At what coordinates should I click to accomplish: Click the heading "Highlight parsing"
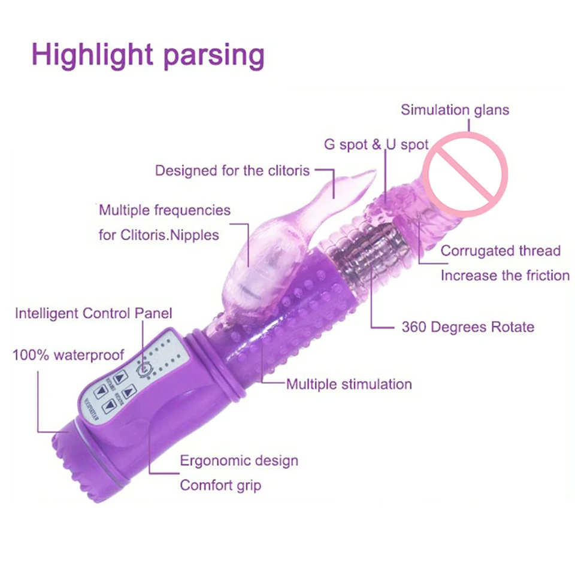click(148, 55)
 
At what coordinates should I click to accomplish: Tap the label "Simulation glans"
click(455, 110)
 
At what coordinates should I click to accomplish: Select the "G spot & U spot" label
click(376, 144)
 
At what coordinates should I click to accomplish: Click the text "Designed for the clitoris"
click(232, 170)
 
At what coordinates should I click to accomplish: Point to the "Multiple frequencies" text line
click(165, 210)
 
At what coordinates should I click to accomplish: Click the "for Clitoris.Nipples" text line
click(159, 235)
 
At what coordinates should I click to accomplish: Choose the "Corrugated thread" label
click(501, 251)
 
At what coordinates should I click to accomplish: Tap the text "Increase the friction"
click(505, 276)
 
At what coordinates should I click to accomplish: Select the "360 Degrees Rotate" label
click(467, 327)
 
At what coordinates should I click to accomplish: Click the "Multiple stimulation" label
click(349, 384)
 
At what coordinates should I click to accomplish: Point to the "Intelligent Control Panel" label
click(93, 313)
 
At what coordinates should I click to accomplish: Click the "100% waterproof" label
click(68, 355)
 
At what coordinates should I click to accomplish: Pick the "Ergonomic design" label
click(239, 461)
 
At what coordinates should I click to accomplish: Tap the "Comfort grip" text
click(220, 485)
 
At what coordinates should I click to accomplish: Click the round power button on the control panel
click(144, 370)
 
